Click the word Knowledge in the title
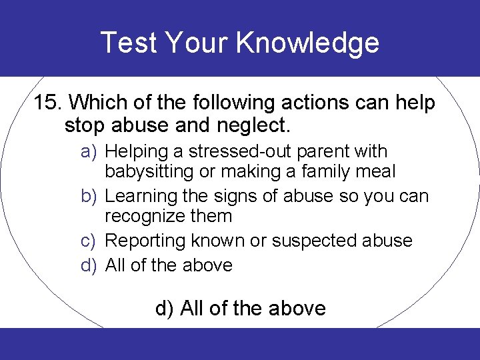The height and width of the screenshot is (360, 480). click(307, 43)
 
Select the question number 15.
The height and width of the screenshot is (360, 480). click(47, 103)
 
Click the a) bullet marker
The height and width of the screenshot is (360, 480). click(90, 152)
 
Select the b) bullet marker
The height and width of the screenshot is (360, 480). click(90, 197)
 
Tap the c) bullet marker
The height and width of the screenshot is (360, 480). click(90, 241)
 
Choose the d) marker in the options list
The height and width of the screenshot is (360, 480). click(90, 265)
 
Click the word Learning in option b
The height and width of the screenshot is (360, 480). click(141, 197)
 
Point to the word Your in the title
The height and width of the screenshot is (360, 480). click(197, 43)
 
